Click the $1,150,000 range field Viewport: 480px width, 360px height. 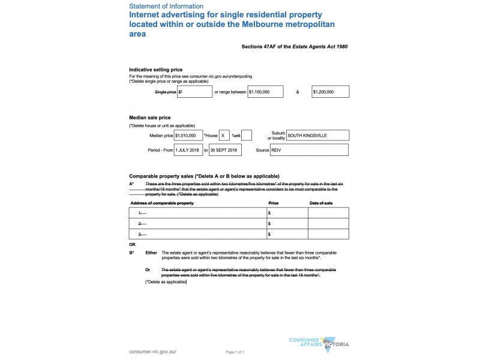click(x=266, y=92)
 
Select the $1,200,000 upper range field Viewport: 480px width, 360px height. click(x=330, y=92)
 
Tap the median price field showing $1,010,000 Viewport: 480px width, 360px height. click(x=188, y=136)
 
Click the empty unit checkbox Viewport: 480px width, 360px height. click(x=247, y=136)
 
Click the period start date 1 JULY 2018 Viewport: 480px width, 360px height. click(x=188, y=150)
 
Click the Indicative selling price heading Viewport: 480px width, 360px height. click(x=156, y=70)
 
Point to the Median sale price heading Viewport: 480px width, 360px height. click(x=150, y=118)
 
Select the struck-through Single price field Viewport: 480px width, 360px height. click(x=195, y=92)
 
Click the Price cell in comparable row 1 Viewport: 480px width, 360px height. click(x=287, y=213)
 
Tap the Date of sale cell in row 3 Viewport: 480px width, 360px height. click(x=328, y=234)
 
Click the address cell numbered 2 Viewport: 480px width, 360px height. click(x=198, y=223)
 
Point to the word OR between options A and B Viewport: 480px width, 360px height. click(x=133, y=245)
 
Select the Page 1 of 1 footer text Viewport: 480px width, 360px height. click(x=235, y=352)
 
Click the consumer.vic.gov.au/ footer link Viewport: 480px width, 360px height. click(x=153, y=351)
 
